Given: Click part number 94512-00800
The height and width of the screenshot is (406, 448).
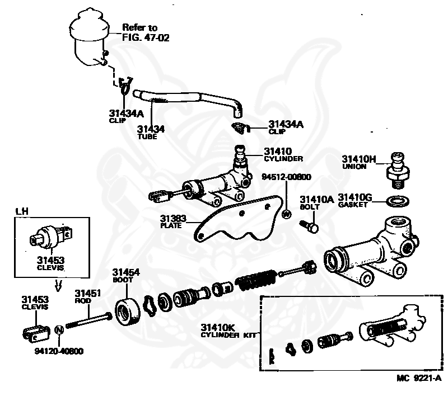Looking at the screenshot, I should [286, 177].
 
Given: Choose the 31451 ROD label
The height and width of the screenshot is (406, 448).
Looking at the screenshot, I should [87, 296].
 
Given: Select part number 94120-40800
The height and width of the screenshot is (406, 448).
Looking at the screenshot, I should [59, 351].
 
